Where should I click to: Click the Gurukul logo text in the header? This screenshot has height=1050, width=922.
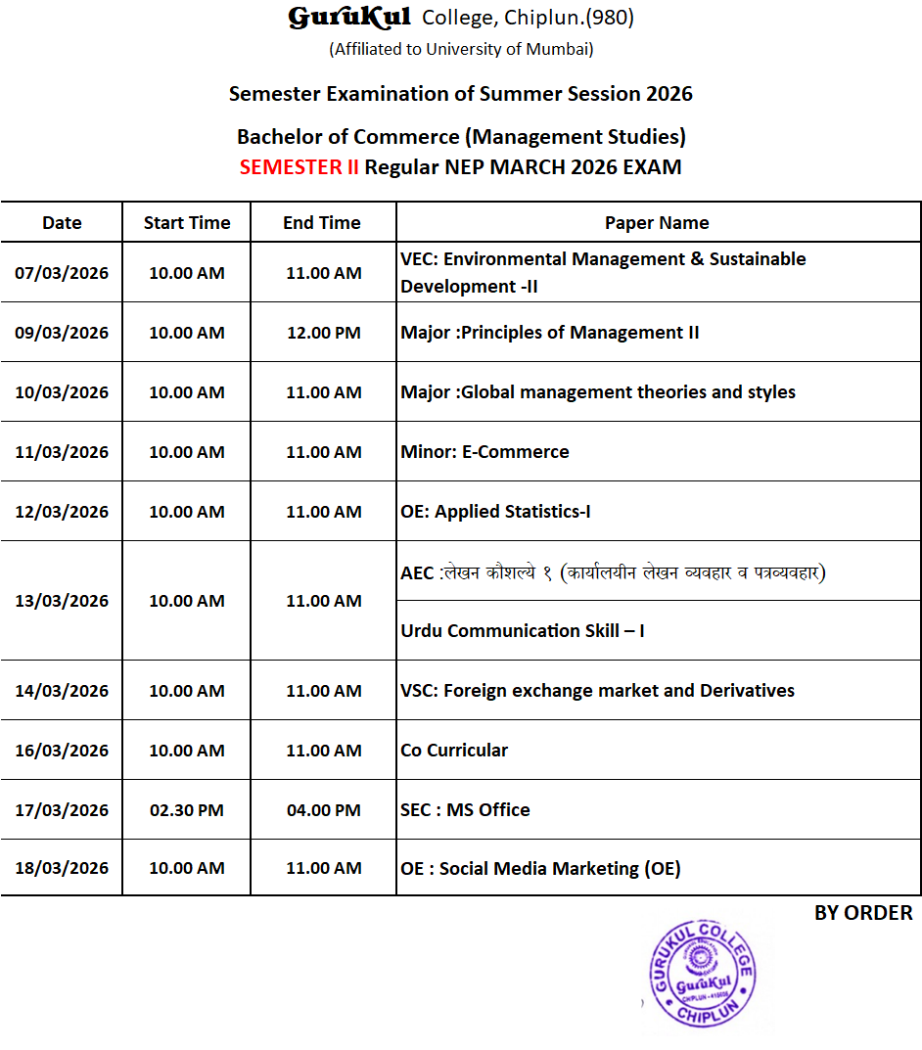(348, 18)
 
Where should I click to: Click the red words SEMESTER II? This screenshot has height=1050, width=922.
(299, 166)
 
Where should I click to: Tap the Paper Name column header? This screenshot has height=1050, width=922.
(657, 223)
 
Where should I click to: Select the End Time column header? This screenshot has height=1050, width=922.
(322, 223)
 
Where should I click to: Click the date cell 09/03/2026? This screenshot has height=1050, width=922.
(62, 333)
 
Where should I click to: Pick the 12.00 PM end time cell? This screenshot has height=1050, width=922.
(323, 333)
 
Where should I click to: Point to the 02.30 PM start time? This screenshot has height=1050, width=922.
(186, 810)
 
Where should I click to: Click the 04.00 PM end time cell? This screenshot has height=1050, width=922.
(323, 810)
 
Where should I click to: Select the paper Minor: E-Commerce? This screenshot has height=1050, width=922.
(484, 452)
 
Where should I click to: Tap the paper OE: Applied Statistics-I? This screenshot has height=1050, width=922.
(495, 512)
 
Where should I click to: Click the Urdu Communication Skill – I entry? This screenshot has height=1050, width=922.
(522, 631)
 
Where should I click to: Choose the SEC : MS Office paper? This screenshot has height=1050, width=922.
(465, 810)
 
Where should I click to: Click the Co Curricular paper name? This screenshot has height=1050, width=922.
(454, 751)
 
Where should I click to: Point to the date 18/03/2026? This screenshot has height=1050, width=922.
(62, 868)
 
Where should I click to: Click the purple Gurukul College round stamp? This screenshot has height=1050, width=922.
(703, 974)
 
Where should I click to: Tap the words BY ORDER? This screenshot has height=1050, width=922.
(862, 913)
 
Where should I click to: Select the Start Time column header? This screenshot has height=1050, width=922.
(187, 223)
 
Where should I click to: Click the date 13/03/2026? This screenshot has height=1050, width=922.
(62, 601)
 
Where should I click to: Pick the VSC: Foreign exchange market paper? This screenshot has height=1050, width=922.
(597, 691)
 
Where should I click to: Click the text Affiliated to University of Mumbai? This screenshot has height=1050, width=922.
(461, 49)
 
